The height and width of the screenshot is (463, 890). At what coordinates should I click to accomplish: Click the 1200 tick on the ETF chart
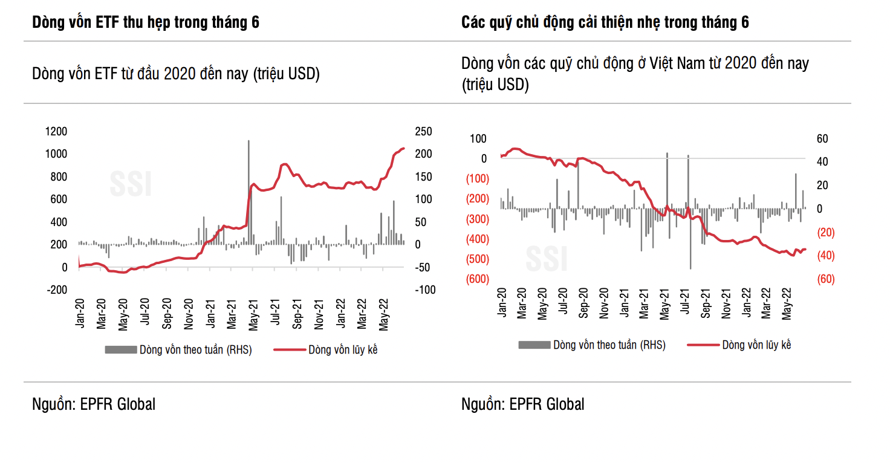point(55,131)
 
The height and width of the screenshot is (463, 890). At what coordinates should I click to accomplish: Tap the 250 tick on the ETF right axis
point(423,131)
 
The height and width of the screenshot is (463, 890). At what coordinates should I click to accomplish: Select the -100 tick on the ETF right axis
point(424,290)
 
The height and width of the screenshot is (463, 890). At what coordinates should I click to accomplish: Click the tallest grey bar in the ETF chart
point(248,181)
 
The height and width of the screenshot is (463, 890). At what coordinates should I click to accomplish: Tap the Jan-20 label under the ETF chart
point(79,313)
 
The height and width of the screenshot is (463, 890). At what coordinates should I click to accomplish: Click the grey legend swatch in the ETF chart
point(120,349)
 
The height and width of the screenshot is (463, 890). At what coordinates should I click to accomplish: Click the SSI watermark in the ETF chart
point(130,184)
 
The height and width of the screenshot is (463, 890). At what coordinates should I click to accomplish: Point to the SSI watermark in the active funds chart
point(546,259)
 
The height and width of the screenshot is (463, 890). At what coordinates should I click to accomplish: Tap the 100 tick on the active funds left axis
point(478,138)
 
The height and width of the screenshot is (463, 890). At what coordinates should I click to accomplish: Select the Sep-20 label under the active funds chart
point(583,303)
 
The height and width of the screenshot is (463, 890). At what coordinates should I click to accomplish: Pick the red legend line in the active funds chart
point(703,345)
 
